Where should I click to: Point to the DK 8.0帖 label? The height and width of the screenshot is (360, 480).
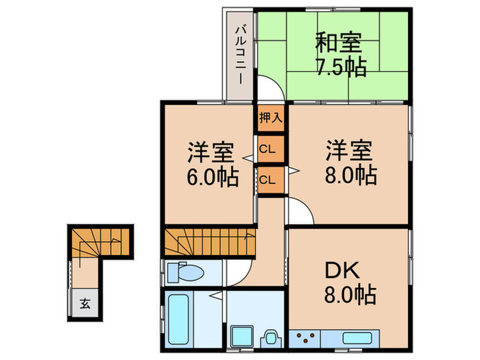click(x=348, y=283)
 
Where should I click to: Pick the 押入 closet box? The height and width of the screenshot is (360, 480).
click(x=270, y=117)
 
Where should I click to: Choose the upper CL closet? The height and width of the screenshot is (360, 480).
click(x=270, y=148)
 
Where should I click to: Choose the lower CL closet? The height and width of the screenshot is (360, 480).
click(x=270, y=180)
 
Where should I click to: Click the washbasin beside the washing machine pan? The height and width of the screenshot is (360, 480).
click(x=271, y=337)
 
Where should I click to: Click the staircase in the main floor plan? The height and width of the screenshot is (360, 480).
click(x=209, y=243)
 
